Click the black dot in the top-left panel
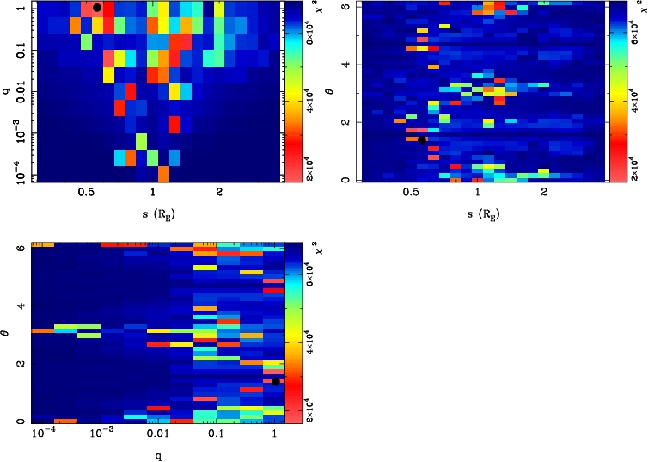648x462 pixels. [x=97, y=8]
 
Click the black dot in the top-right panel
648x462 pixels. [x=422, y=139]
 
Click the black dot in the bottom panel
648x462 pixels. [x=276, y=381]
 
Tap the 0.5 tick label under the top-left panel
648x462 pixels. [x=86, y=194]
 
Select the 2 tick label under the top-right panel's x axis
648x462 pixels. [x=544, y=194]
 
